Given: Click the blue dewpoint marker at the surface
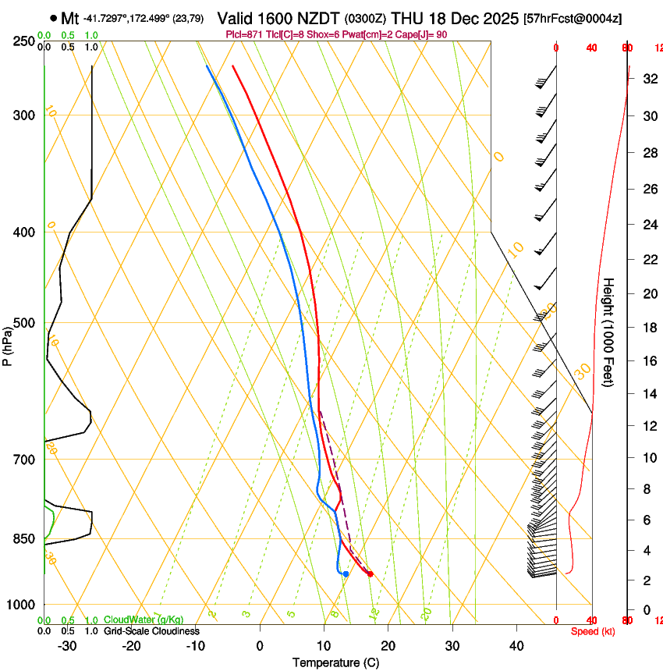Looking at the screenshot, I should (346, 574).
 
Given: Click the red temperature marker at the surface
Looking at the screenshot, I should (370, 574).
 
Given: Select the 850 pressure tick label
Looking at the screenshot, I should (23, 539).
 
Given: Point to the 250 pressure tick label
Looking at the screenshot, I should (23, 41).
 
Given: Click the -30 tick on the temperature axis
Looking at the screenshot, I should (67, 645).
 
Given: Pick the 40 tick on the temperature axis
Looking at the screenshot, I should (516, 645).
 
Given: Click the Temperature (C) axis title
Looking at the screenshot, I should (335, 662).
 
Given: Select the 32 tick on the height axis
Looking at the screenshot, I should (647, 79).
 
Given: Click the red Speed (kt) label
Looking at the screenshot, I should (592, 631).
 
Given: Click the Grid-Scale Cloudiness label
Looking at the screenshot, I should (151, 631).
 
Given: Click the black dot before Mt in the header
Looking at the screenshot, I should (53, 17).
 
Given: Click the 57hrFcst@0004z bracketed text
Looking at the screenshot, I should (573, 18).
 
